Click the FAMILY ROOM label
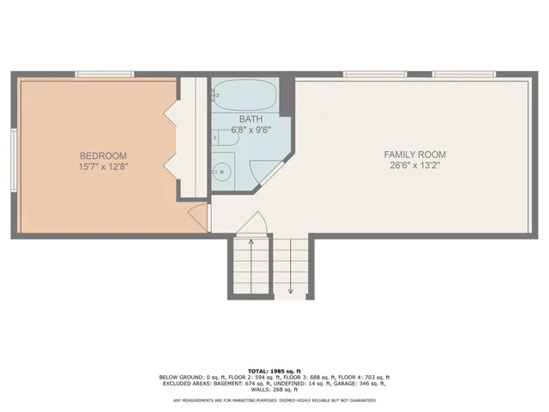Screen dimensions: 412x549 (416, 154)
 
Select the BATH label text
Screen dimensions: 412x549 (250, 119)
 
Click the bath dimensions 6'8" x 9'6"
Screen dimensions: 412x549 (250, 130)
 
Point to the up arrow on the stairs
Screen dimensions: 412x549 (250, 243)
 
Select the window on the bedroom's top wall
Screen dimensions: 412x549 (104, 75)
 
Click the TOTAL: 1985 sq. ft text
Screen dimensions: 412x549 (274, 369)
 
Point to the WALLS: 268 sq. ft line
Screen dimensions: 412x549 (274, 391)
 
